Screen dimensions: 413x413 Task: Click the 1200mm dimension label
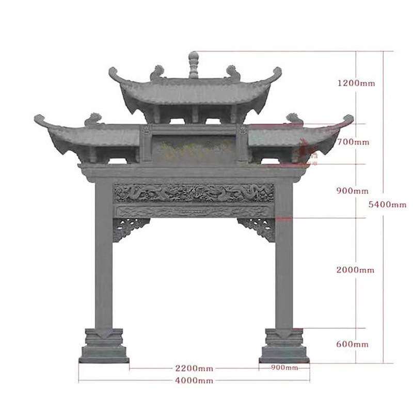356,83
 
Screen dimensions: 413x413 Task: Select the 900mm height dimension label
353,190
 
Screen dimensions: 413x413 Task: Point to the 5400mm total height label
388,204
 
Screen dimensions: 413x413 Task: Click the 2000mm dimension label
356,270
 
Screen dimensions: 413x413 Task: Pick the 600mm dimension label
353,344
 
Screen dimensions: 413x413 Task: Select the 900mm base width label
284,368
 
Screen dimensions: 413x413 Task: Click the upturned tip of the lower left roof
37,118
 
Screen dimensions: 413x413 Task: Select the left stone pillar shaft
104,258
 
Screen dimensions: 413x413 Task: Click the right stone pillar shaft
284,258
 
